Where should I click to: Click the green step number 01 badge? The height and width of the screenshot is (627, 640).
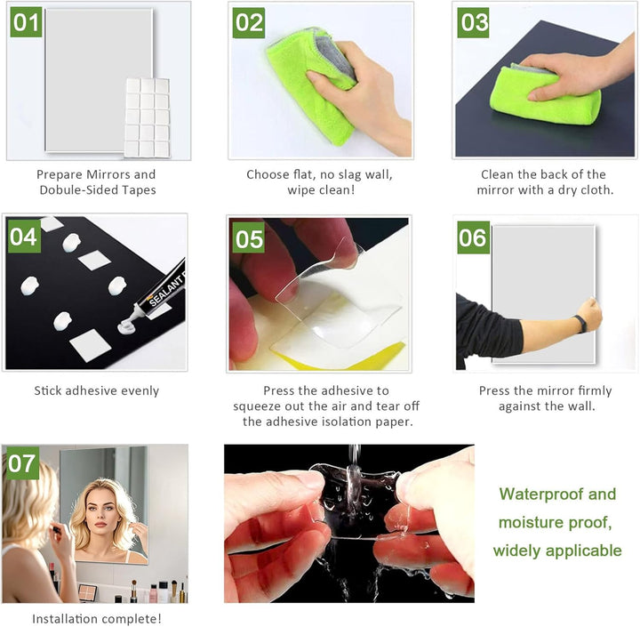point(26,22)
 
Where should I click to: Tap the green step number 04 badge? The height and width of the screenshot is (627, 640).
point(24,237)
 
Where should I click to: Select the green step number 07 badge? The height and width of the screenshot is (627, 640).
point(22,463)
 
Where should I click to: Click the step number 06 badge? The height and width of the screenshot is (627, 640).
point(473,237)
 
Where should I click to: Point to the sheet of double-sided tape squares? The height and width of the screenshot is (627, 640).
point(147,117)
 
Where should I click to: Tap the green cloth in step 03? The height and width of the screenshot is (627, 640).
point(545,96)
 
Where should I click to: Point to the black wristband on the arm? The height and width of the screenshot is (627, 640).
point(580,324)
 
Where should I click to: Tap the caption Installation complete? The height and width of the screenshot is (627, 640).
point(97,618)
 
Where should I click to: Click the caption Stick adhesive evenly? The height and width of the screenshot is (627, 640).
point(96,391)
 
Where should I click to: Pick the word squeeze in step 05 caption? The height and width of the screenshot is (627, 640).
point(256,406)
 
